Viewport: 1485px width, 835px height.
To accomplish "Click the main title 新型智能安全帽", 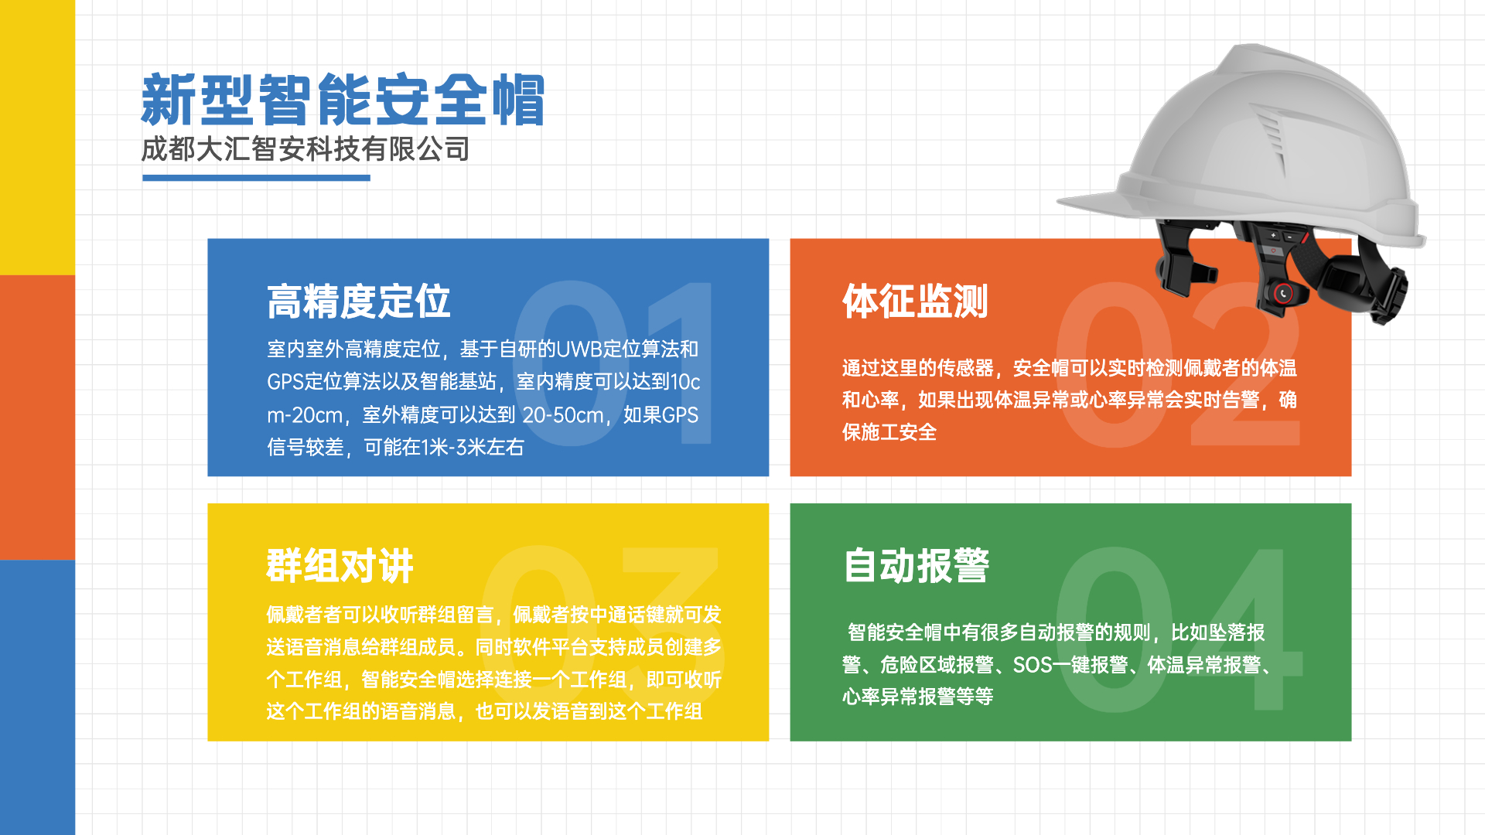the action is [343, 100].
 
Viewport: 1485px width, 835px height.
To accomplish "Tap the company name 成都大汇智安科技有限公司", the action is [306, 149].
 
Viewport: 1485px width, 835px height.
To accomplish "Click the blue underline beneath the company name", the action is [256, 178].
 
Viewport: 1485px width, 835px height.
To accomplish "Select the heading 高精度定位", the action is [358, 302].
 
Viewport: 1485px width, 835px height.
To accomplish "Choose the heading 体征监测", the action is [915, 302].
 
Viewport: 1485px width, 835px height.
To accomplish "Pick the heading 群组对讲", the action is [340, 566].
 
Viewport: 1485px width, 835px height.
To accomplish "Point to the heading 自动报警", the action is [916, 566].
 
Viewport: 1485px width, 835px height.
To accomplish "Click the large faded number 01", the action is [613, 363].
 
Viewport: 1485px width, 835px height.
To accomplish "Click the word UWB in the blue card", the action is [579, 349].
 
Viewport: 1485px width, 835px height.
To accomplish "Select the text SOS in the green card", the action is [1031, 665].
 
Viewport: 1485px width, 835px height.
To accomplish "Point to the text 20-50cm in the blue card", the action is [563, 415].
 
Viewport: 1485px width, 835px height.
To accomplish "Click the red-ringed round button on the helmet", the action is [1283, 293].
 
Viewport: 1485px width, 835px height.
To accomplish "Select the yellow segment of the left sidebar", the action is [37, 138].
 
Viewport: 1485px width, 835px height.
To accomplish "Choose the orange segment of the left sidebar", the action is [37, 417].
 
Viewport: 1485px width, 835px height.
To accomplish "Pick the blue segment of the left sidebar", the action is [37, 697].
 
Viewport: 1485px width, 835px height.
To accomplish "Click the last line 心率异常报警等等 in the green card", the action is [918, 697].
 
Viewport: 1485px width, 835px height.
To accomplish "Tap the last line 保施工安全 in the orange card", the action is [889, 432].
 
